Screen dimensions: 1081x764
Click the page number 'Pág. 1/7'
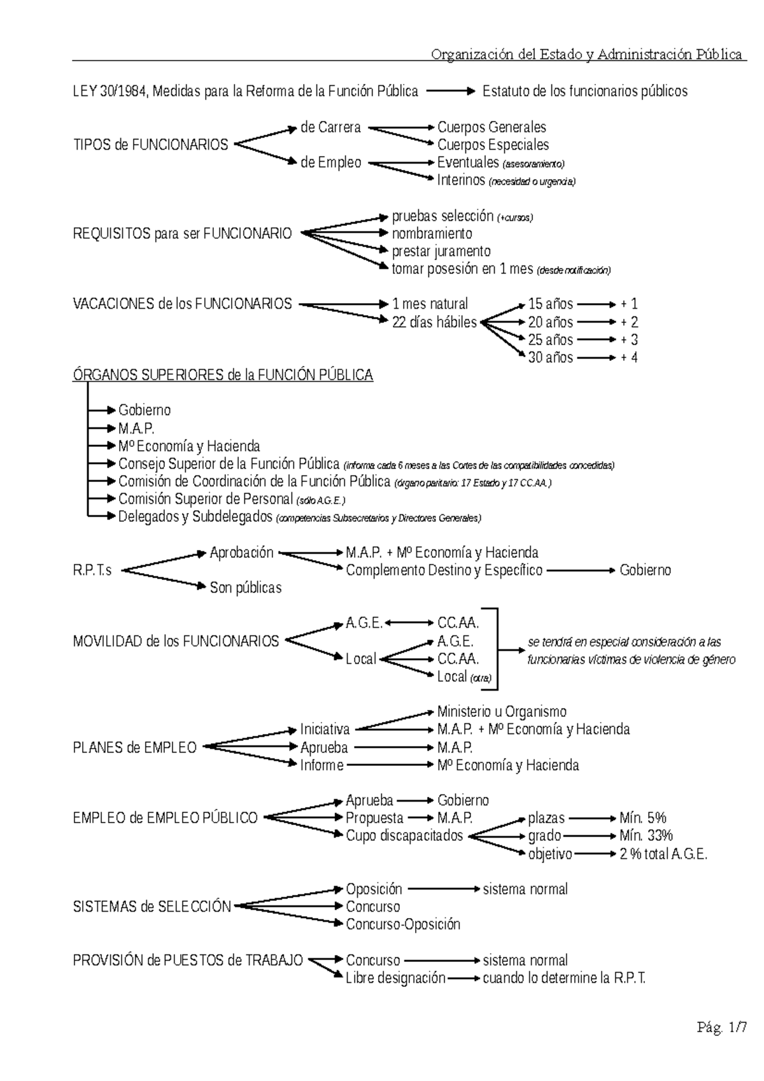(x=721, y=1027)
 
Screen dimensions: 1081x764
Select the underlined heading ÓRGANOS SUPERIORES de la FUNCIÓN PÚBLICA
(x=223, y=375)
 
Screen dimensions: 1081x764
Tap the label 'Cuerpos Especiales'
(x=493, y=145)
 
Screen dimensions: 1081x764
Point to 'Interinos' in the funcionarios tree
(x=461, y=180)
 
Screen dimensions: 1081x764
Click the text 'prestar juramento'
(x=441, y=251)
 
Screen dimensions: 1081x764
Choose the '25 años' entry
(x=550, y=340)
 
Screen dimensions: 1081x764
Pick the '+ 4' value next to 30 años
(x=628, y=358)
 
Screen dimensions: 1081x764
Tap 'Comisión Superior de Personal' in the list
(x=205, y=499)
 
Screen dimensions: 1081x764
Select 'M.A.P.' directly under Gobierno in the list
(x=136, y=428)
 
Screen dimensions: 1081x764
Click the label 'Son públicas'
(x=245, y=588)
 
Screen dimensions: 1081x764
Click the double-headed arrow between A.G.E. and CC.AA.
(x=409, y=623)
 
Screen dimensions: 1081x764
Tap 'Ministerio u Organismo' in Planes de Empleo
(x=502, y=712)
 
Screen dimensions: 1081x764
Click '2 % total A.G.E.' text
(x=663, y=854)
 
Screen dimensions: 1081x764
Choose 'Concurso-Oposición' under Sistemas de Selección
(x=402, y=924)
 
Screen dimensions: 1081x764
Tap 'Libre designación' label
(x=395, y=979)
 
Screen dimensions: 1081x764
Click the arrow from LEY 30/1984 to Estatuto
(x=450, y=92)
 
